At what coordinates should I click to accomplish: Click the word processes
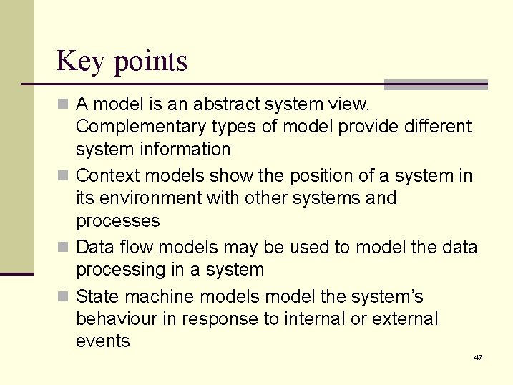pyautogui.click(x=117, y=221)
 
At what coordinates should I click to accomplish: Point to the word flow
pyautogui.click(x=135, y=247)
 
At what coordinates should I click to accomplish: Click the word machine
pyautogui.click(x=157, y=296)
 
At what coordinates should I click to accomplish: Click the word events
pyautogui.click(x=103, y=341)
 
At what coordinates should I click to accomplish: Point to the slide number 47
pyautogui.click(x=477, y=357)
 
